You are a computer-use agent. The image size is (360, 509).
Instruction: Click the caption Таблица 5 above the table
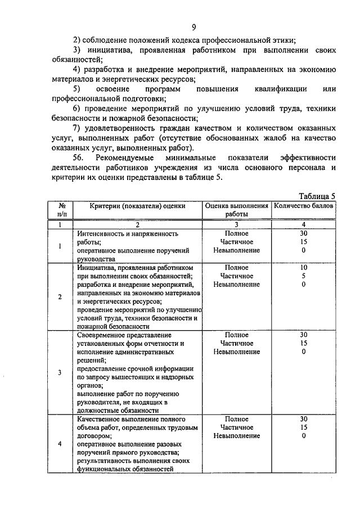coord(317,196)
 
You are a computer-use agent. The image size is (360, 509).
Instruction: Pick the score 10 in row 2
coord(304,268)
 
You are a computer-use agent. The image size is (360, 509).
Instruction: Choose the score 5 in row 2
coord(304,276)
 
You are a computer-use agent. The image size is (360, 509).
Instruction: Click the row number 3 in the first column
coord(60,372)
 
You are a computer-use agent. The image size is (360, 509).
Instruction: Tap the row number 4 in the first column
coord(60,444)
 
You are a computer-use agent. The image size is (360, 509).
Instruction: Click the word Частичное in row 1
coord(236,241)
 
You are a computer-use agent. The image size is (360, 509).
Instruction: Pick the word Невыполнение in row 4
coord(236,436)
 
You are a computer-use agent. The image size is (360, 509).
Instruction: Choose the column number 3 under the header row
coord(236,224)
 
